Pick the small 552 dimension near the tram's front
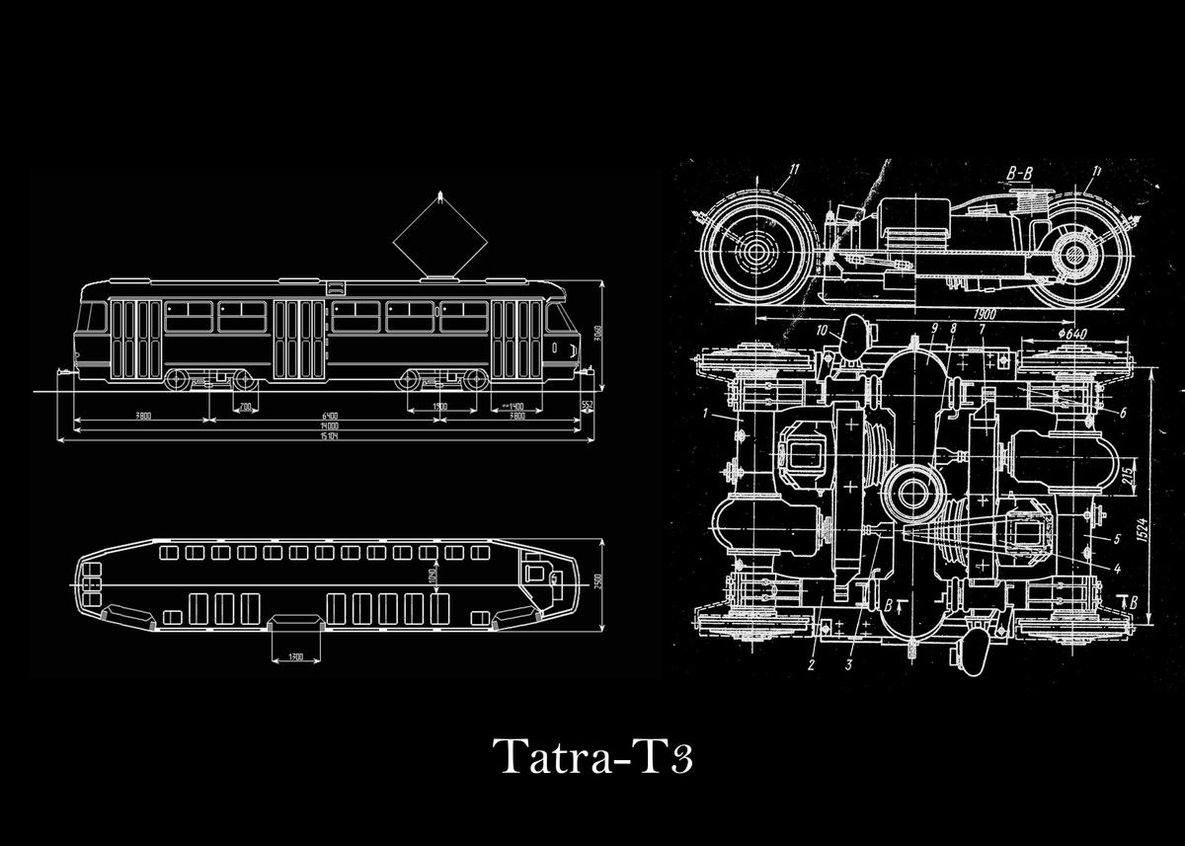587,406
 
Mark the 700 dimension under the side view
242,406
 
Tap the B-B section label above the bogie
1018,175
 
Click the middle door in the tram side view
299,339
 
